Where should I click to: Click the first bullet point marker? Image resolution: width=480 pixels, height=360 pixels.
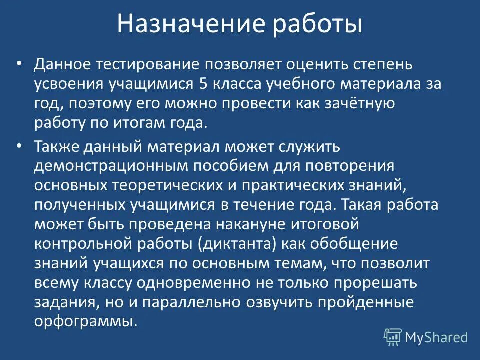point(19,64)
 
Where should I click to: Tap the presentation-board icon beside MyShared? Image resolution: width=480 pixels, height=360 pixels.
point(392,337)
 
